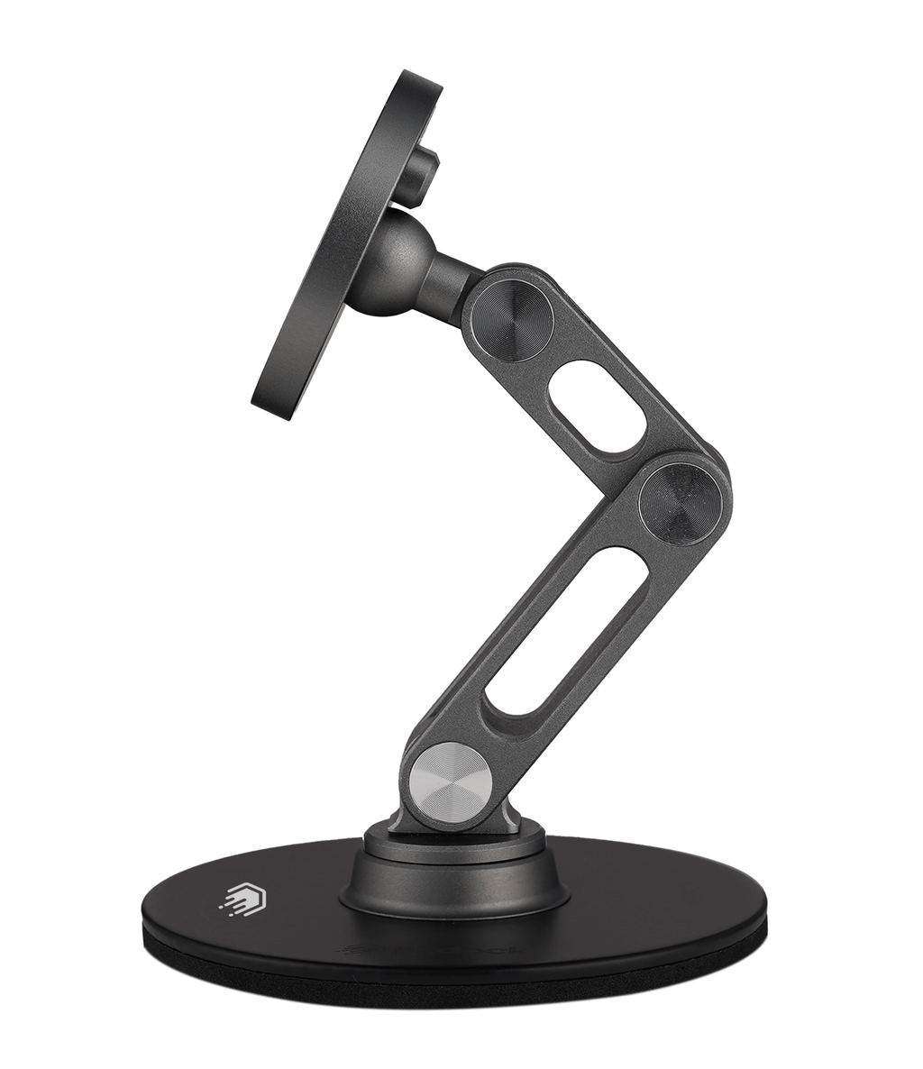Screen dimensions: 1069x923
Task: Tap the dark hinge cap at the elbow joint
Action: tap(680, 504)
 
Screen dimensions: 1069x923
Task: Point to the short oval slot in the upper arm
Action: tap(597, 407)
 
